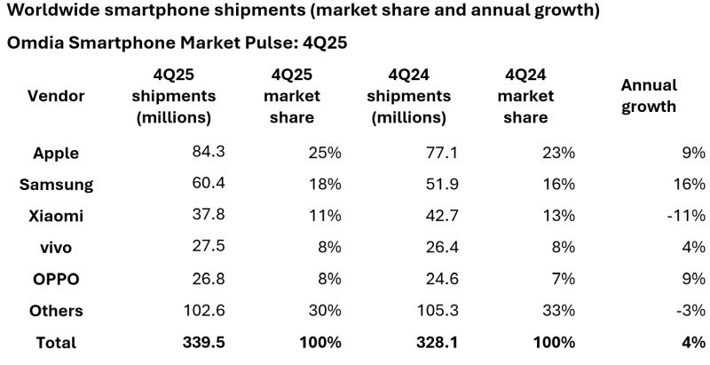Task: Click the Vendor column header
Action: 56,95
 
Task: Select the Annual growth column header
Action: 649,95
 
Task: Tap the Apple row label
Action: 56,153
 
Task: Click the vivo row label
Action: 56,247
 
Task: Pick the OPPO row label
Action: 56,279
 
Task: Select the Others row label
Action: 56,310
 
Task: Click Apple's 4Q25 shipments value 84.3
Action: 209,152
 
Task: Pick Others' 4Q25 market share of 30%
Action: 324,310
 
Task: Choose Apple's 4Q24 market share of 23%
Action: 557,152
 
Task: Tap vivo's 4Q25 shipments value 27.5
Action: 209,247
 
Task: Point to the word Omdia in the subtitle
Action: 35,43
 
